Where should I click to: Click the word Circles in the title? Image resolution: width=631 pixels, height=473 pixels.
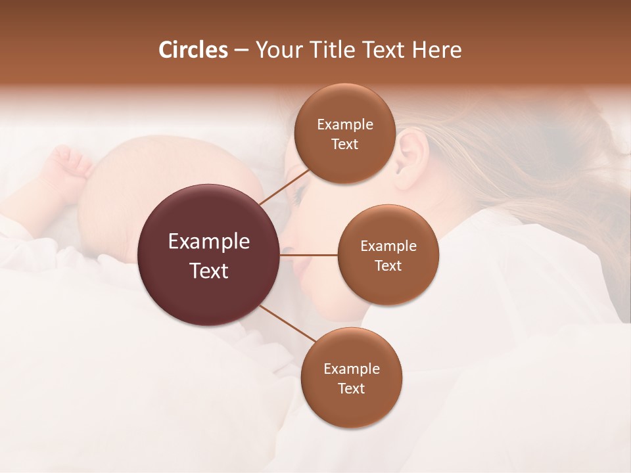pyautogui.click(x=193, y=50)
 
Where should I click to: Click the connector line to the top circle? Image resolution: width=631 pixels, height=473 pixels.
pyautogui.click(x=284, y=187)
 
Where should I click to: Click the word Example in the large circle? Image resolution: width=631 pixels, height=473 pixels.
pyautogui.click(x=209, y=242)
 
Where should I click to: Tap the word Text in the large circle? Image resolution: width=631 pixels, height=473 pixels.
pyautogui.click(x=209, y=271)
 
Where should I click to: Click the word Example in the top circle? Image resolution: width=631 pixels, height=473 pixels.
pyautogui.click(x=344, y=125)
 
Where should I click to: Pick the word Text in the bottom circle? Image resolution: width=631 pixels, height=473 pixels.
pyautogui.click(x=351, y=388)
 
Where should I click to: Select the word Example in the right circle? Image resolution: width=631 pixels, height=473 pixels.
pyautogui.click(x=388, y=246)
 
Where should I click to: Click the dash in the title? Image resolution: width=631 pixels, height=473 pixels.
pyautogui.click(x=241, y=51)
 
